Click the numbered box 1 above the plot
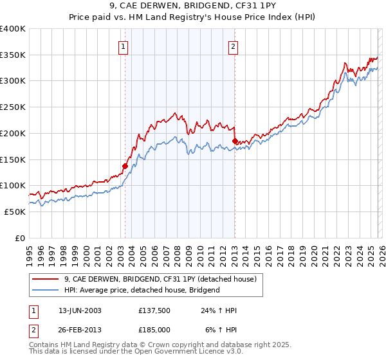click(122, 46)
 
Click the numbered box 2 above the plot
click(233, 46)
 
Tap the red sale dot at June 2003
click(125, 165)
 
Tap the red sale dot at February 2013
click(235, 140)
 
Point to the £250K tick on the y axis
click(13, 107)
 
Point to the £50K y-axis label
click(15, 212)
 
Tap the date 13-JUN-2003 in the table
click(80, 310)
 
